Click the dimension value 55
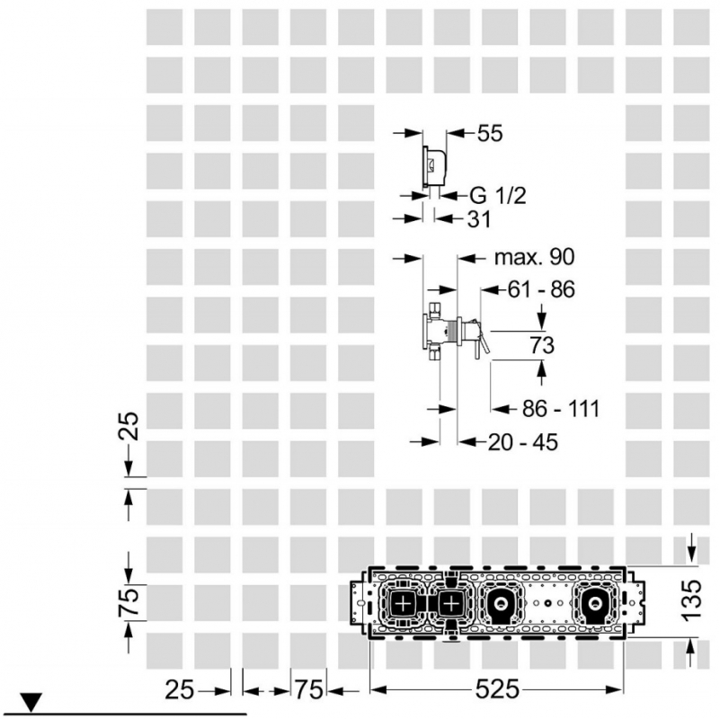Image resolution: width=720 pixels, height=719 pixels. tap(490, 134)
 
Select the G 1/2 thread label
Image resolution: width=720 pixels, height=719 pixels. tap(498, 196)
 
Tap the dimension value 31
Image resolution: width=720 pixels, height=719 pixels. tap(479, 219)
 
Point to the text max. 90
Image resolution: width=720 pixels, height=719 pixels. tap(534, 257)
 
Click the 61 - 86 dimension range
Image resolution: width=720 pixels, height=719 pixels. tap(541, 289)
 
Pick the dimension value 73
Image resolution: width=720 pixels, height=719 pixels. tap(542, 345)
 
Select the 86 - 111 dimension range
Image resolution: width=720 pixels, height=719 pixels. tap(561, 409)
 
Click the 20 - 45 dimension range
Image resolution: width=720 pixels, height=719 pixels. tap(522, 442)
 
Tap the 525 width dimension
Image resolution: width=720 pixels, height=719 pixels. tap(497, 688)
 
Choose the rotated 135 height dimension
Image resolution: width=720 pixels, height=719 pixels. tap(692, 600)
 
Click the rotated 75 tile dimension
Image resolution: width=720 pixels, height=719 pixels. tap(129, 601)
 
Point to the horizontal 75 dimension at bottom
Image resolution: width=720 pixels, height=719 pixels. tap(308, 689)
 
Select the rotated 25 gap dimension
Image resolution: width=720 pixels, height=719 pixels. tap(129, 427)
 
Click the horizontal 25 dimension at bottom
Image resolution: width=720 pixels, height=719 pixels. tap(180, 689)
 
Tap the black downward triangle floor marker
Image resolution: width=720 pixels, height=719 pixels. tap(31, 702)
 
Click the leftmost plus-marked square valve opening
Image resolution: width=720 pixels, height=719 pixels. tap(403, 602)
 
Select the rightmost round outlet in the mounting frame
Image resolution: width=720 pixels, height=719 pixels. tap(595, 602)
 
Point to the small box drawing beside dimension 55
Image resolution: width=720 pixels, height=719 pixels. tap(434, 165)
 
